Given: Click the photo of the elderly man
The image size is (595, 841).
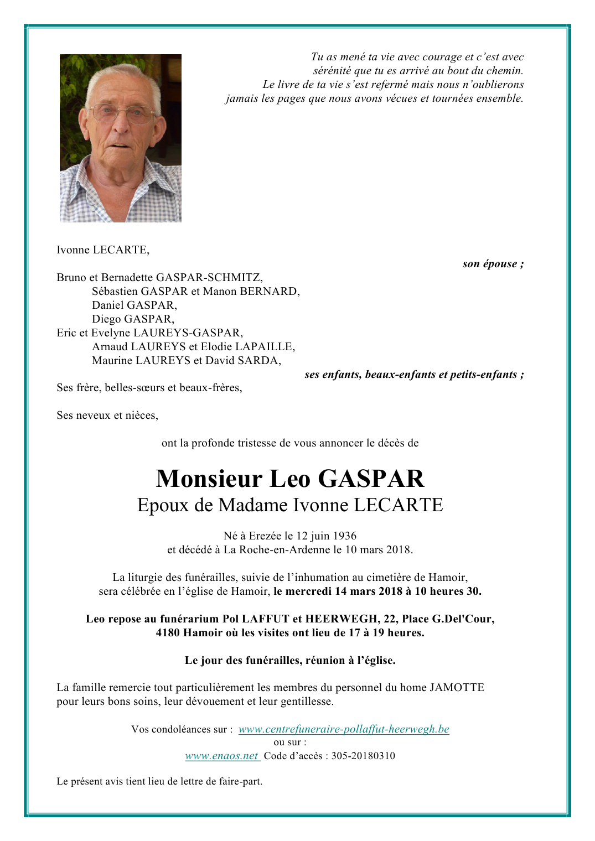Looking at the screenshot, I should click(120, 138).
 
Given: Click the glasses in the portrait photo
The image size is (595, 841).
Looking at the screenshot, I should click(121, 114).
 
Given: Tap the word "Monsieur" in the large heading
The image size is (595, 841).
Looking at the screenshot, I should click(209, 479).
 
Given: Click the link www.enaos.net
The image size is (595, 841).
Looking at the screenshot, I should click(221, 756).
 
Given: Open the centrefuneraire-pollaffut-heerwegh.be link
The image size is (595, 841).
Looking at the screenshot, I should click(344, 729).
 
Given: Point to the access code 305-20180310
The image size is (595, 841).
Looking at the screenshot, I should click(363, 756).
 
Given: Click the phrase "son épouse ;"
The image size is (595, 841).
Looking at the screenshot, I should click(493, 264).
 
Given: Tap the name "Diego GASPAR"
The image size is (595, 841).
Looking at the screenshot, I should click(133, 319).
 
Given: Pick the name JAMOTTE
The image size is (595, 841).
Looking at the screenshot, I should click(457, 688).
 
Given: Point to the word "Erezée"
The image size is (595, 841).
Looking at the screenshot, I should click(265, 536).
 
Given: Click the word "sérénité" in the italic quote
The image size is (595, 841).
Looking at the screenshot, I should click(332, 71).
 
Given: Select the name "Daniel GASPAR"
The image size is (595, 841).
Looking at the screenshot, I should click(134, 305).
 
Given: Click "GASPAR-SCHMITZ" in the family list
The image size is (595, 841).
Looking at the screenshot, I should click(209, 278).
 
